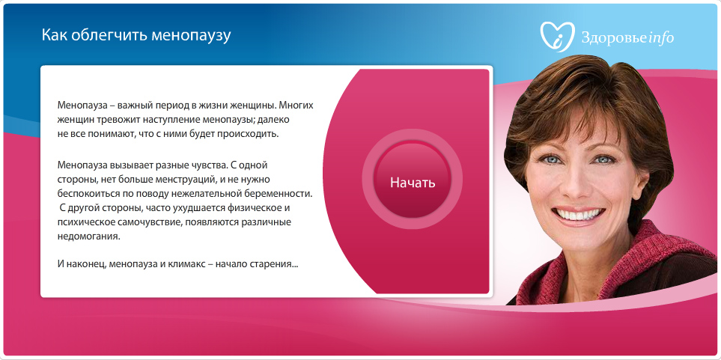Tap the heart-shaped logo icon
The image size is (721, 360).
pyautogui.click(x=557, y=37)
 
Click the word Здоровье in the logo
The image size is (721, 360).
pyautogui.click(x=615, y=37)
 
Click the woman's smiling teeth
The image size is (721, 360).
pyautogui.click(x=578, y=214)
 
